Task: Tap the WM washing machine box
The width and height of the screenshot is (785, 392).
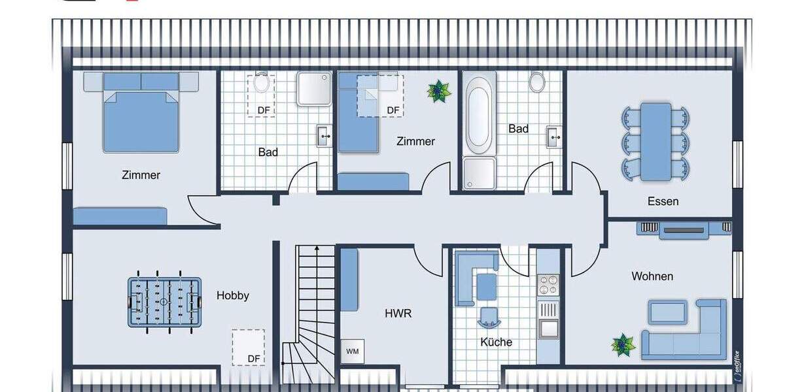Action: [353, 351]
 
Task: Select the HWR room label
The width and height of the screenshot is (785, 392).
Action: [398, 314]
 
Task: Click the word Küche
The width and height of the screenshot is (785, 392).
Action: [496, 342]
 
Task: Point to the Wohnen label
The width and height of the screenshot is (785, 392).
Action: [652, 276]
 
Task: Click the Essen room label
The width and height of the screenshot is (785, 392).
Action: [663, 201]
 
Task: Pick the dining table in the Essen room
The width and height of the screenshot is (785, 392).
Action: [655, 141]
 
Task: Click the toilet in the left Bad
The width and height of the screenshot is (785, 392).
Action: [261, 84]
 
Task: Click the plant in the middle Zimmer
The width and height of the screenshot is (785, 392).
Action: [438, 91]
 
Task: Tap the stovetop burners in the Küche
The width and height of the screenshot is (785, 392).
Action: [548, 285]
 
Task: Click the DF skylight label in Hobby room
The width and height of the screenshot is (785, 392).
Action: [254, 359]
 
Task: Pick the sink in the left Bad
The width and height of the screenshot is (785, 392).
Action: [324, 135]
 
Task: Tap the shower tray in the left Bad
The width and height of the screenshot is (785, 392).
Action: [315, 90]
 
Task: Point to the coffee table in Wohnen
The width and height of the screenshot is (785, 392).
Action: [667, 312]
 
